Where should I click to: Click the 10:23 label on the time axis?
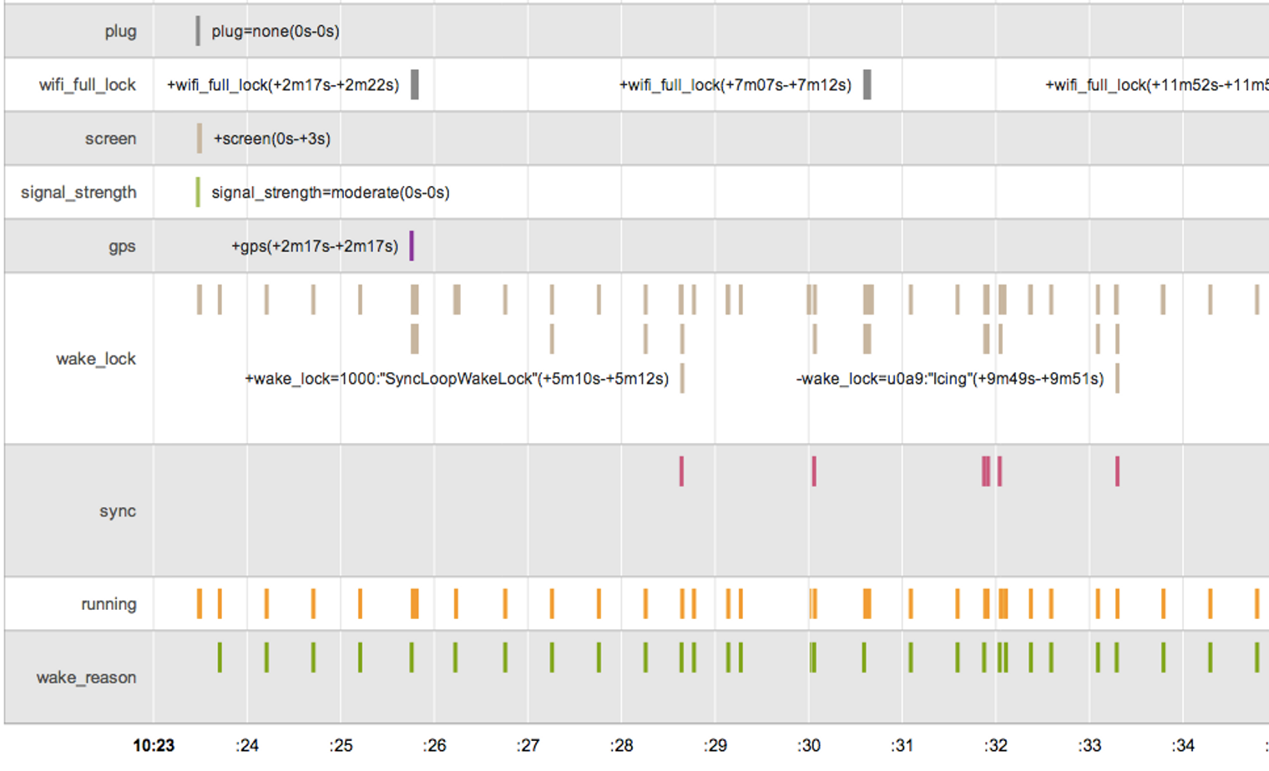(x=154, y=745)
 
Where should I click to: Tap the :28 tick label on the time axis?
(x=621, y=745)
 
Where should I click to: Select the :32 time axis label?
(x=995, y=745)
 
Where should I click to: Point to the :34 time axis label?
(x=1183, y=745)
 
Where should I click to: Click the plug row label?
(x=120, y=32)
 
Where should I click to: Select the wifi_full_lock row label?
(x=87, y=85)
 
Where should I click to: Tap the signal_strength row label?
(x=78, y=193)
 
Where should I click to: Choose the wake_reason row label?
(x=86, y=678)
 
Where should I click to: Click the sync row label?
(x=118, y=511)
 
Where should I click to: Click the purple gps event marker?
(x=412, y=245)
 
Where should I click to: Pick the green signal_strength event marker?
(x=198, y=192)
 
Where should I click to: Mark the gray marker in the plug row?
(x=198, y=31)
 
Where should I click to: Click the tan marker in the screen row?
(x=200, y=139)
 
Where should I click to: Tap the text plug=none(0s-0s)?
(x=276, y=32)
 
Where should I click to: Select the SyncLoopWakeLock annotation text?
(x=457, y=379)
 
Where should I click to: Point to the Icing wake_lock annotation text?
(x=950, y=379)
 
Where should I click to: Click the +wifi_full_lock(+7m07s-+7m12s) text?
(x=736, y=85)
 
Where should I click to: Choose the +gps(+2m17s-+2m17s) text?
(x=315, y=247)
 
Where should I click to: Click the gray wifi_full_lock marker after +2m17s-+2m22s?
(x=415, y=84)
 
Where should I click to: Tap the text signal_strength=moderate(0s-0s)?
(x=331, y=193)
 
